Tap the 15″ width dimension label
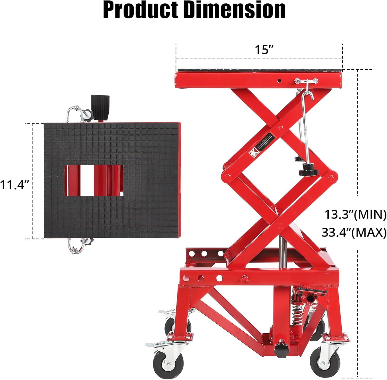pos(264,50)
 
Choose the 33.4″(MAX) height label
pos(354,233)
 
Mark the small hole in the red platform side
pos(279,81)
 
